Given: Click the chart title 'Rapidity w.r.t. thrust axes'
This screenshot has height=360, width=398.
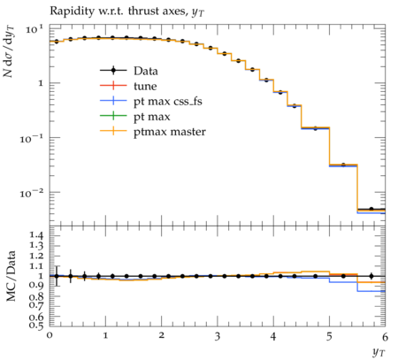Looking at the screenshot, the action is tap(119, 11).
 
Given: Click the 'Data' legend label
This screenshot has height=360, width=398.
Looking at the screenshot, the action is tap(146, 71).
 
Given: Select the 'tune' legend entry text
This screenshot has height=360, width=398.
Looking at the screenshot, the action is tap(145, 86).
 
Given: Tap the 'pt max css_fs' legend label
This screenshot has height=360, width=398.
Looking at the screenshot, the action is tap(168, 102).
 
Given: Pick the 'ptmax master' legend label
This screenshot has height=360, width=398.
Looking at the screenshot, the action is tap(170, 132).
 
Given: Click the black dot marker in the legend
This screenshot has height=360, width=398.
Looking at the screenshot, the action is tap(113, 71).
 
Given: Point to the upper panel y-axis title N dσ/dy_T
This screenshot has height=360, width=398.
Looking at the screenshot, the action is tap(9, 51).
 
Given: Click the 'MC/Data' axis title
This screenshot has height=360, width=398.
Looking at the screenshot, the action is tap(11, 276).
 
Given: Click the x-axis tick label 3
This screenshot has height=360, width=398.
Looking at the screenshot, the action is tap(218, 336).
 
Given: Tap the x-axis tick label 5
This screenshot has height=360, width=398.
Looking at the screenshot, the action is tap(329, 336).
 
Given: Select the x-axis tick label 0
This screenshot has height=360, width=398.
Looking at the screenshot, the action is tap(50, 336).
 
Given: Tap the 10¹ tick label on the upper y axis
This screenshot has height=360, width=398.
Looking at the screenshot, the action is tap(34, 29).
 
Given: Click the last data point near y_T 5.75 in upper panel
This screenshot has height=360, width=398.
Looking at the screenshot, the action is tap(371, 209).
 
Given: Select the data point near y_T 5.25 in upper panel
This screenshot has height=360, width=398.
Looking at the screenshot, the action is tap(343, 165).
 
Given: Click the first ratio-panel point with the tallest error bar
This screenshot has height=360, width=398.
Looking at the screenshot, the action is tap(57, 276).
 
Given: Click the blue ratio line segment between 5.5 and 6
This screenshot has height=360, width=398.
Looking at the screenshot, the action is tap(371, 291).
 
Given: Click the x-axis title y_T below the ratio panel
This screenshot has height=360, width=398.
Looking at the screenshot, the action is tap(379, 351).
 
